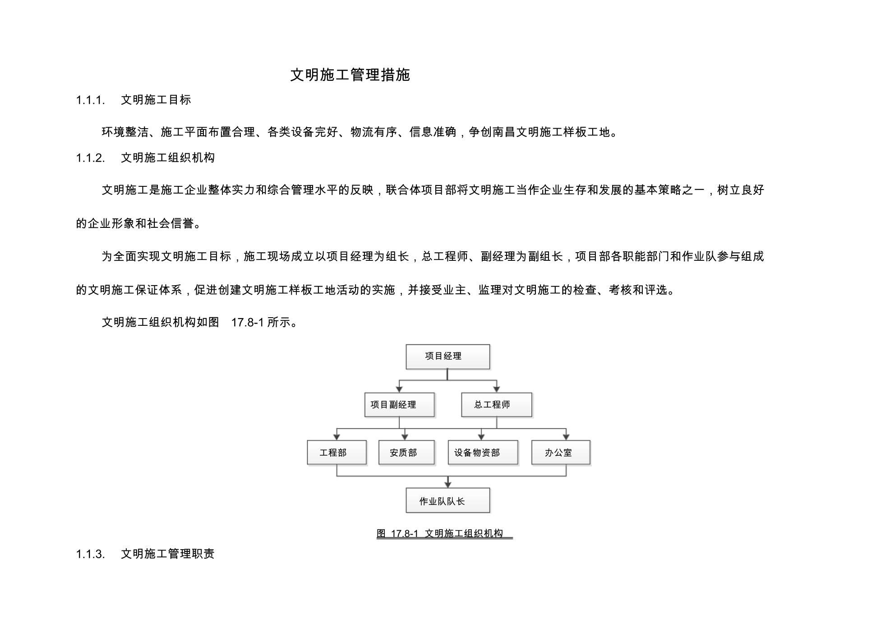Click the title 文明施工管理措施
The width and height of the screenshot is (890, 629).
[350, 75]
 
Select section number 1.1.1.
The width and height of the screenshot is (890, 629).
[90, 100]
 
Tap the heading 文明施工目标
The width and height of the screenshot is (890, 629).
[156, 100]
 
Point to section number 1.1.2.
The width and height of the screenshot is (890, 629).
[90, 158]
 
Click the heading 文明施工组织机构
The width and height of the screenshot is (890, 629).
[168, 157]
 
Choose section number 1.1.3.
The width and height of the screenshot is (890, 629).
[90, 554]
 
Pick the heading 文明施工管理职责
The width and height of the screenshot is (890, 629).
[168, 554]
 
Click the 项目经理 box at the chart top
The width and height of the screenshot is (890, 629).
[448, 357]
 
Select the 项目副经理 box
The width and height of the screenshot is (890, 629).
[400, 405]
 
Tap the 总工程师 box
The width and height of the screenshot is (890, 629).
[497, 405]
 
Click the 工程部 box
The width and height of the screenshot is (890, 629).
[337, 453]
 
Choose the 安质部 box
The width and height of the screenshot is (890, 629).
[406, 453]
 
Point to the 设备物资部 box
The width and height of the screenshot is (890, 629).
[483, 453]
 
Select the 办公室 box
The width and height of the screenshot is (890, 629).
[561, 453]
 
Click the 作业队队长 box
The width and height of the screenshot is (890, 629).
[448, 500]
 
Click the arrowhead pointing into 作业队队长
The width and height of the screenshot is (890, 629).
[448, 485]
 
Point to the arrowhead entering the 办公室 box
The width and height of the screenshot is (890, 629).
[566, 437]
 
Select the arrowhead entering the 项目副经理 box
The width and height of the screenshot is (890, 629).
[399, 389]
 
